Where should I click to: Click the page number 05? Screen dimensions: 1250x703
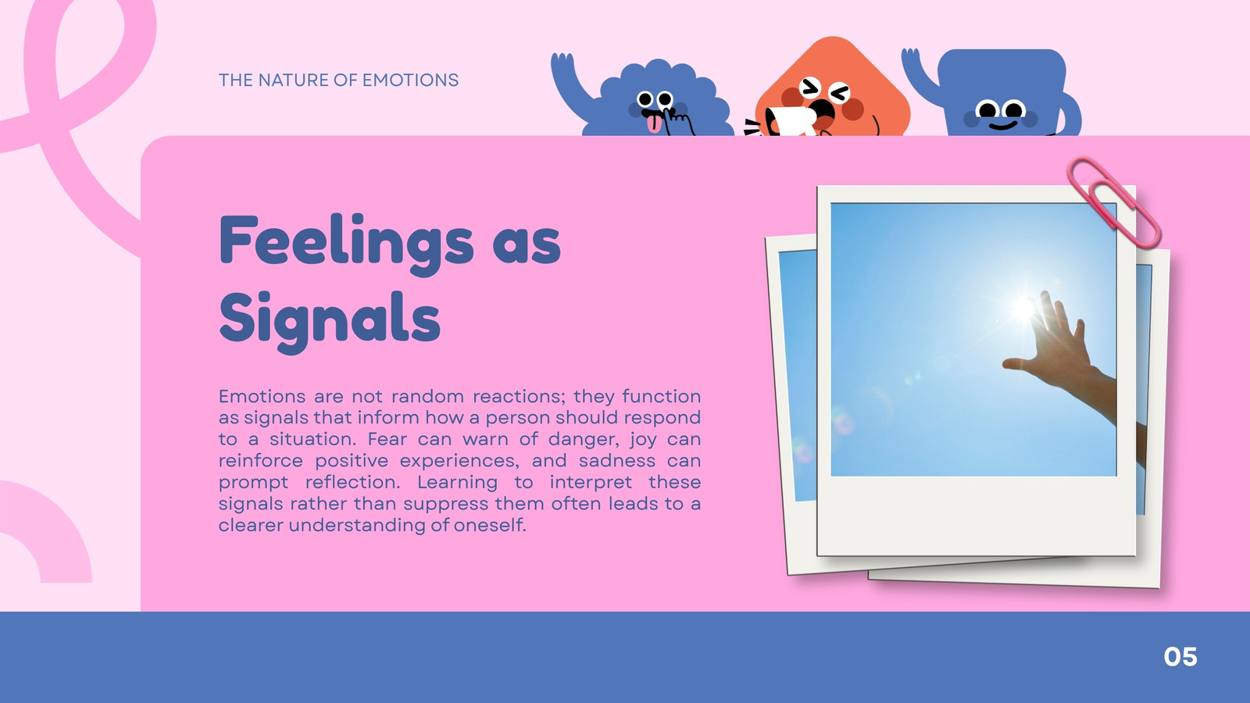[1180, 657]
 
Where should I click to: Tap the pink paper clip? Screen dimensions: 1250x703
[1113, 202]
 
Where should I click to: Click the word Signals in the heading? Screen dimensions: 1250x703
[330, 320]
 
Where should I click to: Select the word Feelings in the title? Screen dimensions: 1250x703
[347, 244]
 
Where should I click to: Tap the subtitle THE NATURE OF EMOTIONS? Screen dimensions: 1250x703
[339, 80]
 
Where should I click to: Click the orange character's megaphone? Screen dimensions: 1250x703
[790, 121]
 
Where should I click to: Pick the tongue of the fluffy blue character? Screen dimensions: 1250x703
[653, 124]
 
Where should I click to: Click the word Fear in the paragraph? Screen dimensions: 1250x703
[387, 440]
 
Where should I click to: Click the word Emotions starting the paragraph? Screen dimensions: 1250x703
[262, 397]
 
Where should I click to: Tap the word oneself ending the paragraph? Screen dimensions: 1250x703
[489, 525]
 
